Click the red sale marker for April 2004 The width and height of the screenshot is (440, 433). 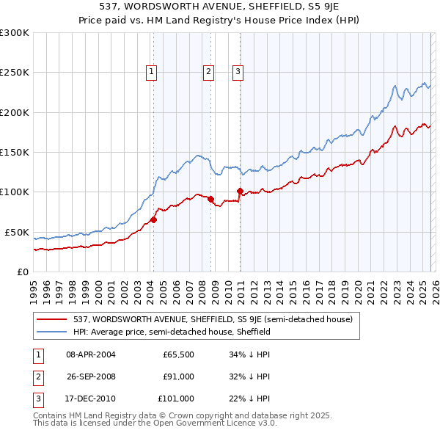pos(153,219)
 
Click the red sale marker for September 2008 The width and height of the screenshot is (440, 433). pos(210,199)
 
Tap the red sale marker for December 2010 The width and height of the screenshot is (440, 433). pos(240,191)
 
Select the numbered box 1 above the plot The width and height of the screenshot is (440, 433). pos(151,71)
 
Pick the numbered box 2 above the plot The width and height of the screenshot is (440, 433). pos(208,71)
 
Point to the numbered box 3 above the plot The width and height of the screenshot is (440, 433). pos(238,71)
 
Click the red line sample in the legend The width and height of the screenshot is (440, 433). pos(53,319)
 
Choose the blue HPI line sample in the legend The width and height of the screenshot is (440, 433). pos(53,332)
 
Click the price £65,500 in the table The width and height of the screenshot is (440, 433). pos(178,354)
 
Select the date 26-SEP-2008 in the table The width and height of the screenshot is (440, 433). pos(92,376)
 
